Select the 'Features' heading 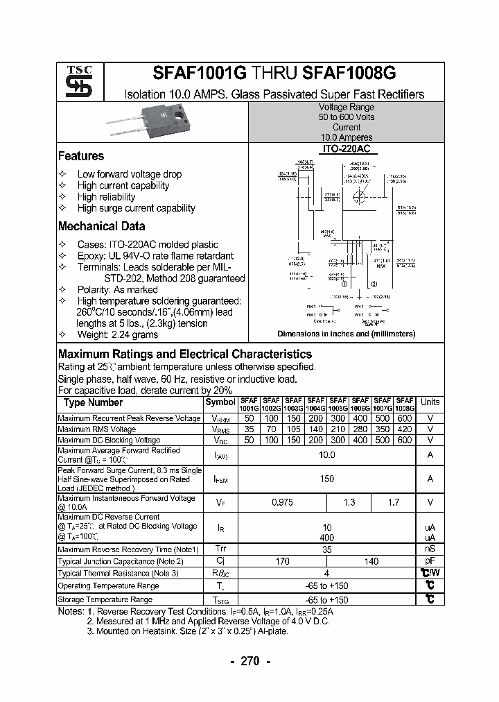(x=81, y=156)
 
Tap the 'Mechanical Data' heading (x=101, y=225)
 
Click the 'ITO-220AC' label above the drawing (x=345, y=148)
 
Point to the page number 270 (x=249, y=661)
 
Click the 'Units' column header (x=430, y=402)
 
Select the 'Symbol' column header (x=220, y=402)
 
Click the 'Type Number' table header (x=93, y=402)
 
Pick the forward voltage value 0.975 (x=282, y=502)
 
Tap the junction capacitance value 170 (x=282, y=561)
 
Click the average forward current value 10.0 (x=326, y=455)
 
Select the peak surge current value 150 (x=326, y=479)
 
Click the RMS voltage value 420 (x=404, y=429)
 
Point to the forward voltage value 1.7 (x=392, y=502)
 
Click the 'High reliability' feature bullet (x=106, y=196)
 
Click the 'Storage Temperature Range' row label (x=105, y=599)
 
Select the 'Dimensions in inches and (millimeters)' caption (x=346, y=334)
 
